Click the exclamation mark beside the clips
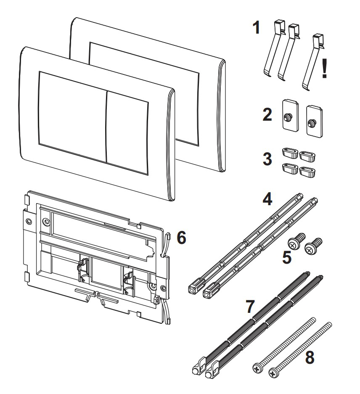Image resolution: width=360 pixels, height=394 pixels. pyautogui.click(x=324, y=69)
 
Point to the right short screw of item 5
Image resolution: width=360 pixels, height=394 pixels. pyautogui.click(x=312, y=247)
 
